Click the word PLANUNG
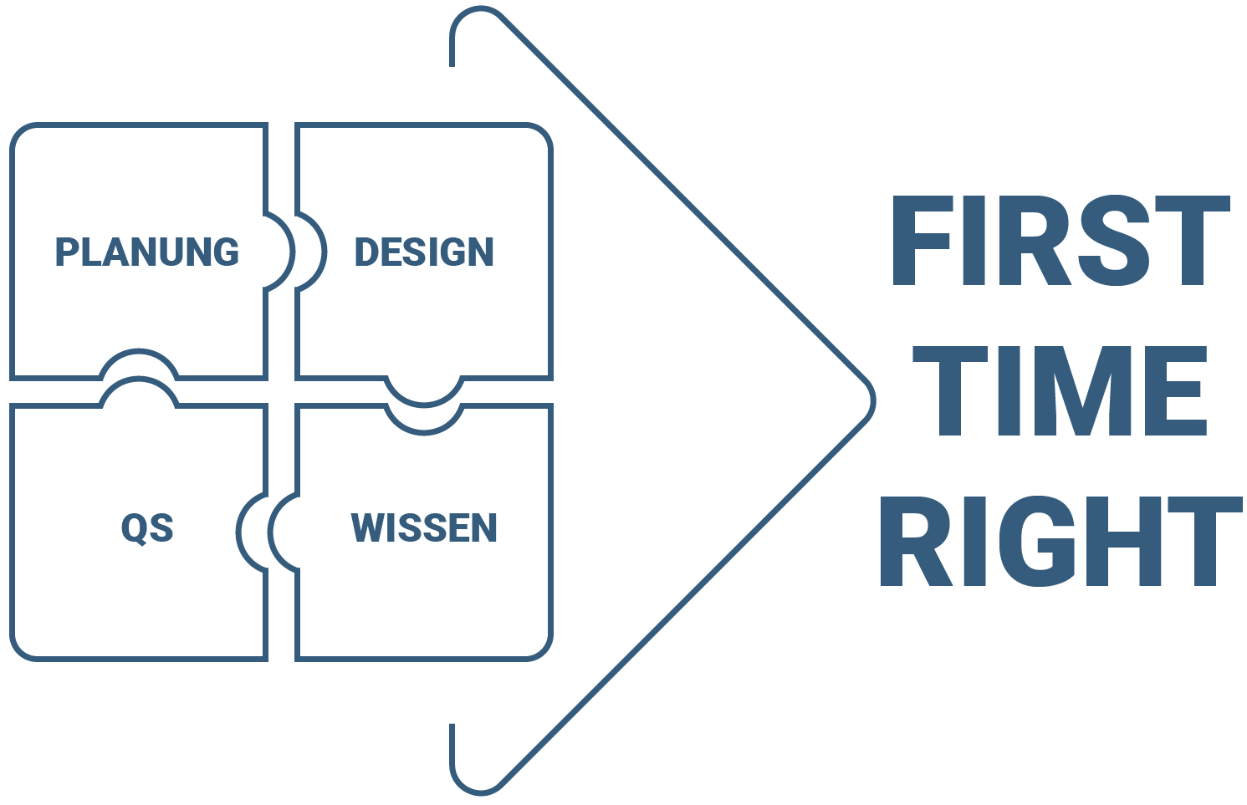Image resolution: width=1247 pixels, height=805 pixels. (147, 252)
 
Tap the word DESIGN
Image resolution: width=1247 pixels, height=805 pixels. (424, 252)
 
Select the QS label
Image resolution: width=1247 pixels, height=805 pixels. (147, 528)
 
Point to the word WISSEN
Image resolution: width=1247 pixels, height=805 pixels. (424, 527)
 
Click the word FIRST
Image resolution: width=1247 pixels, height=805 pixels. (1060, 241)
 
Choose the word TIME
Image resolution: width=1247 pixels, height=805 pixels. (1060, 390)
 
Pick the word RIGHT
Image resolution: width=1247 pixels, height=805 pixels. (1060, 542)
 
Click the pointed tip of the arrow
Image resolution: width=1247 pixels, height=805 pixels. (871, 401)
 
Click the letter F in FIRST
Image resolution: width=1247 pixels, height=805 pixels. (923, 241)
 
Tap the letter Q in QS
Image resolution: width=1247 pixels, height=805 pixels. (134, 529)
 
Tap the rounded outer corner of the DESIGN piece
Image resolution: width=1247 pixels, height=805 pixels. (542, 134)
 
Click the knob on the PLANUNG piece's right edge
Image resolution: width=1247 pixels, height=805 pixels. (280, 252)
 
